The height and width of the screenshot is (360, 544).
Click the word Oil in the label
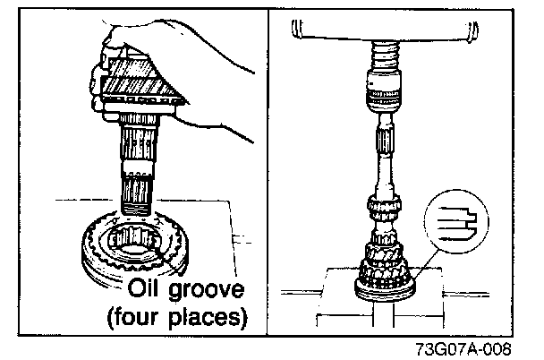149,289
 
